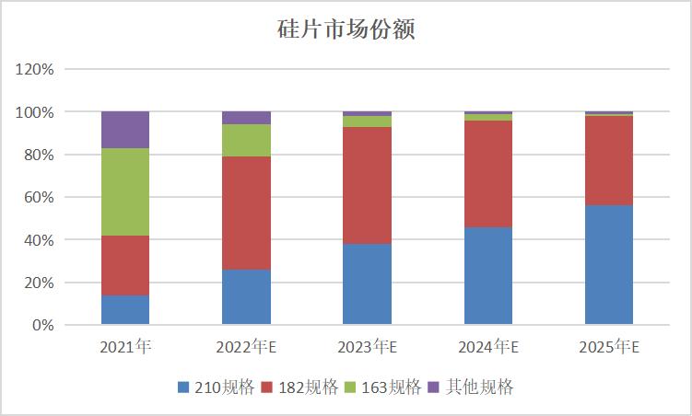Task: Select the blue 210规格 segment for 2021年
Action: (x=125, y=310)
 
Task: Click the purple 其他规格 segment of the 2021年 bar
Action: (x=125, y=130)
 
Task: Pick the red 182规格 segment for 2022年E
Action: (x=246, y=213)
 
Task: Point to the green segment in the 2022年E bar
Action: (x=246, y=140)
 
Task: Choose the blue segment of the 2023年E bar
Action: (x=367, y=284)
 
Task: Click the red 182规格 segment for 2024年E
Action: (x=487, y=174)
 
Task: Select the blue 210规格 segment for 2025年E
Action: (x=608, y=265)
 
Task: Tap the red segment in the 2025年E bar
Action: (x=608, y=161)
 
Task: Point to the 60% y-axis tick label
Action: (x=40, y=197)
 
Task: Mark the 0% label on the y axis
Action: (x=43, y=325)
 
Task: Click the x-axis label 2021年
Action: (x=125, y=347)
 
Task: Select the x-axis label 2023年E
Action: (x=367, y=347)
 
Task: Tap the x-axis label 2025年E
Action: (x=608, y=347)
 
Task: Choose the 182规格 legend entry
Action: (x=299, y=387)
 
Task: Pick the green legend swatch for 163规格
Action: (x=351, y=387)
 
